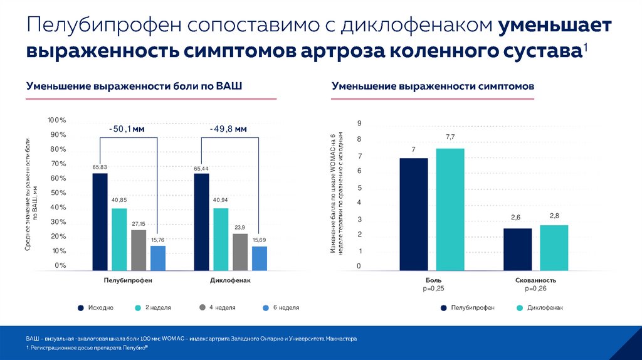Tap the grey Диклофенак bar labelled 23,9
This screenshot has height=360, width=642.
click(x=240, y=251)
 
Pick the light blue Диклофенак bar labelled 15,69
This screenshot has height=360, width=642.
click(x=259, y=258)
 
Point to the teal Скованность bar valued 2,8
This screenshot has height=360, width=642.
click(x=554, y=247)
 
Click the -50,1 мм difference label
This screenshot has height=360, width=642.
click(x=127, y=129)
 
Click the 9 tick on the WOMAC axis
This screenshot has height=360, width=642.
click(x=359, y=123)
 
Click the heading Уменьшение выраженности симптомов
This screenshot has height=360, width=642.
click(x=433, y=87)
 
